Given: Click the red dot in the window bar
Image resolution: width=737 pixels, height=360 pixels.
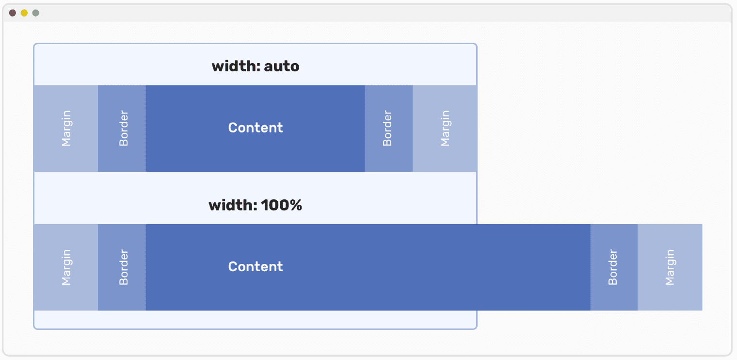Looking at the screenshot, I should [13, 13].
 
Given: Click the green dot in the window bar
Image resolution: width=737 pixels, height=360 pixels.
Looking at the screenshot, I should [35, 13].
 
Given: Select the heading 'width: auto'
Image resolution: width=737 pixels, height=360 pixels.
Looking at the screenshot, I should [256, 66].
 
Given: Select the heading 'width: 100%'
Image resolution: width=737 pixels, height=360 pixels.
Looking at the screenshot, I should [256, 206].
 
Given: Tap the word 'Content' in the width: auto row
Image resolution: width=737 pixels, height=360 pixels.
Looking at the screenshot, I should [256, 128].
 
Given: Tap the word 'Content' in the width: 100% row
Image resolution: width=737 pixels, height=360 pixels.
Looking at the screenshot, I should [256, 266].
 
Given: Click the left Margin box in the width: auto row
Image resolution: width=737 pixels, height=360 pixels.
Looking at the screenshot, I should [66, 129].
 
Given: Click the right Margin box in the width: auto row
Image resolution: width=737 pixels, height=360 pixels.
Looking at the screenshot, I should [445, 129].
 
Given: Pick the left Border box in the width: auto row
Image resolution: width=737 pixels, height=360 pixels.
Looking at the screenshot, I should [122, 129].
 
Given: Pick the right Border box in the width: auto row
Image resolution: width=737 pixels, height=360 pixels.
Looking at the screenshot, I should [389, 129].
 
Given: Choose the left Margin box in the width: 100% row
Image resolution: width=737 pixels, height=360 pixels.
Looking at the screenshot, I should [66, 267].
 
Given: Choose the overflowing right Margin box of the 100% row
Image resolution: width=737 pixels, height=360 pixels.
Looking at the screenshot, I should [670, 267].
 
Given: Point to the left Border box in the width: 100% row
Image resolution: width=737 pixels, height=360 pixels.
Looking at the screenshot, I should [122, 267].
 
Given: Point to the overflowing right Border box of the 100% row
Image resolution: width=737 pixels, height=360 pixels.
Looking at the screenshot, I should [614, 267].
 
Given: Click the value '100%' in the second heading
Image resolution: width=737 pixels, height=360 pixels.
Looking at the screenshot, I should [282, 206].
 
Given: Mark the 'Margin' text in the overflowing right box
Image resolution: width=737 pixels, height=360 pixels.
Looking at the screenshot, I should [670, 267].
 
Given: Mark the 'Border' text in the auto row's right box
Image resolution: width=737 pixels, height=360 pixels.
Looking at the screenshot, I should [387, 129].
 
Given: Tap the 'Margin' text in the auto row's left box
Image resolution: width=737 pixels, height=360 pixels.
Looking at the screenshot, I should [66, 129].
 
